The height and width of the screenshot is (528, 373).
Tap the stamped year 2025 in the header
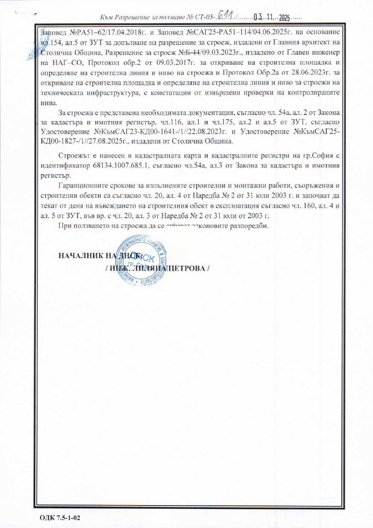[x=282, y=18]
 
